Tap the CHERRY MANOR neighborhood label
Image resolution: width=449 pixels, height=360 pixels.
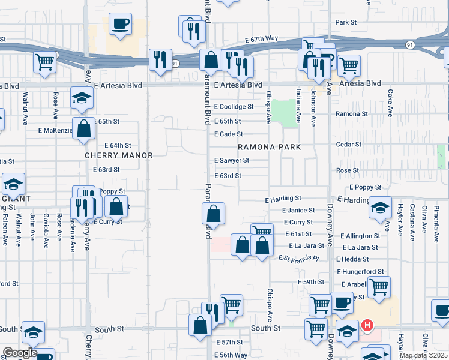coord(119,155)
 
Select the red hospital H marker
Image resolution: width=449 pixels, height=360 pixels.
coord(367,326)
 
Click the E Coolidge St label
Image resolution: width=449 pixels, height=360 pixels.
coord(234,107)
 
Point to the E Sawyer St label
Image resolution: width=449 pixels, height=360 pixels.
coord(232,161)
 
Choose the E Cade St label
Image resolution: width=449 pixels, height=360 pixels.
coord(229,134)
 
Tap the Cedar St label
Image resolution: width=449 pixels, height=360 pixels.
coord(348,145)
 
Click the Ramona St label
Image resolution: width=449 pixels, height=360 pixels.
coord(352,113)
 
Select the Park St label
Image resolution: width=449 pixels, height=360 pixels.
coord(346,22)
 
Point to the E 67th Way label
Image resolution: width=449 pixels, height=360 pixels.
coord(261,38)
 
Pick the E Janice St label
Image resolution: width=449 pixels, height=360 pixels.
coord(298,211)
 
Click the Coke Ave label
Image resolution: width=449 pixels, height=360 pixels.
coord(390,103)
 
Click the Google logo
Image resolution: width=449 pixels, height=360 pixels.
coord(19,353)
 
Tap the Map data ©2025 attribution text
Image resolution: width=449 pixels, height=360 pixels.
coord(423,355)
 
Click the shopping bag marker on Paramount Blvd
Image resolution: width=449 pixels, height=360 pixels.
coord(213,214)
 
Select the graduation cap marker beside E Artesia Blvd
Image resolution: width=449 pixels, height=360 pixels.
coord(82,98)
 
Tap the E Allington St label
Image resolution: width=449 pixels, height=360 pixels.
coord(360,236)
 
